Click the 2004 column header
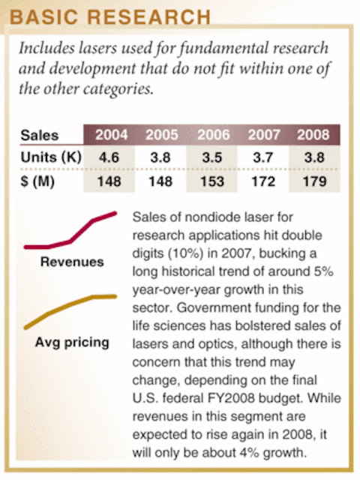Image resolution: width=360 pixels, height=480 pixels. pyautogui.click(x=112, y=135)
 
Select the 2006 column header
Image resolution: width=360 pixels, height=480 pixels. pyautogui.click(x=213, y=135)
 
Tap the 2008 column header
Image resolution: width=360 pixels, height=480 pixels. pyautogui.click(x=313, y=135)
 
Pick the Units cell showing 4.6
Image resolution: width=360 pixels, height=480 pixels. pyautogui.click(x=109, y=157)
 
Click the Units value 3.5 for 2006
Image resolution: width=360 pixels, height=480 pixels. pyautogui.click(x=211, y=157)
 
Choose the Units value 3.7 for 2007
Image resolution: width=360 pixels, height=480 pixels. pyautogui.click(x=263, y=157)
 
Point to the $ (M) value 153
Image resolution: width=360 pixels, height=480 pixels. pyautogui.click(x=212, y=181)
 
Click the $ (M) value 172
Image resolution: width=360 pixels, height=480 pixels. pyautogui.click(x=263, y=181)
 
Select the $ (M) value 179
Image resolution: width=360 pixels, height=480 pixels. pyautogui.click(x=314, y=181)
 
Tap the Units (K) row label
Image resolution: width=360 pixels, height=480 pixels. pyautogui.click(x=51, y=157)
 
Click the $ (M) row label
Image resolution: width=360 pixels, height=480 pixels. pyautogui.click(x=37, y=181)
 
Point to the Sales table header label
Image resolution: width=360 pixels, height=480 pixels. pyautogui.click(x=40, y=135)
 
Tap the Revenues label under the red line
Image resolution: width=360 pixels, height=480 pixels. pyautogui.click(x=72, y=262)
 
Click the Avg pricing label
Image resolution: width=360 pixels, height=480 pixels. pyautogui.click(x=72, y=342)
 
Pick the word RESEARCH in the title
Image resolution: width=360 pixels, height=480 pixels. pyautogui.click(x=149, y=16)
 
